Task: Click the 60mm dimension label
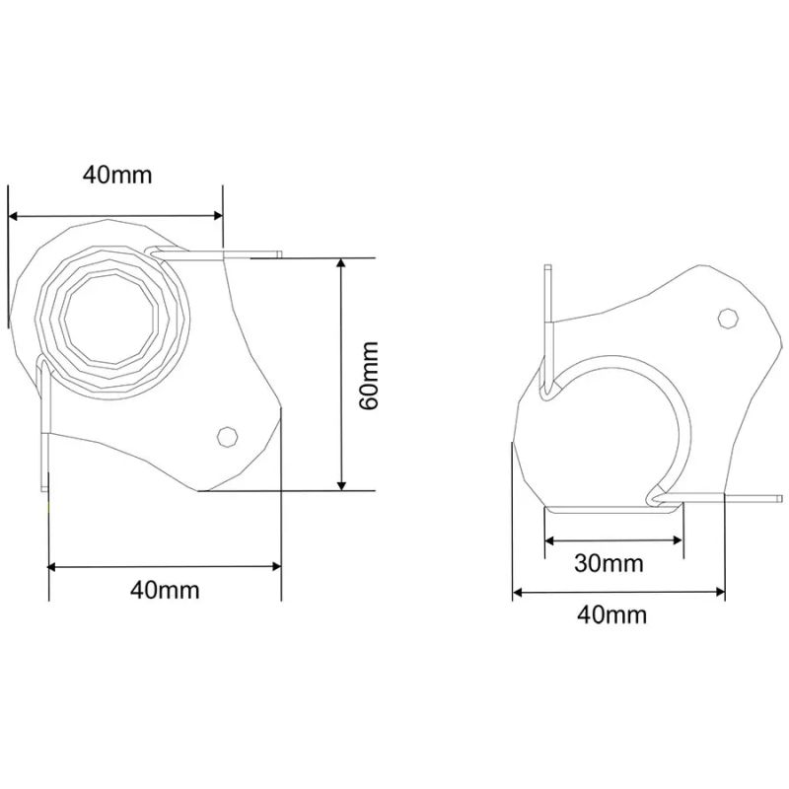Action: click(x=370, y=376)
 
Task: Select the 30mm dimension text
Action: click(x=609, y=563)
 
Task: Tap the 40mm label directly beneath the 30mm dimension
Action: click(x=611, y=614)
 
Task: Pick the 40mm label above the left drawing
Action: click(x=117, y=175)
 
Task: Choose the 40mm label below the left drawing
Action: click(x=165, y=589)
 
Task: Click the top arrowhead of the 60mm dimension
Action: click(x=341, y=263)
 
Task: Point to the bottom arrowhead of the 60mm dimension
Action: click(x=341, y=484)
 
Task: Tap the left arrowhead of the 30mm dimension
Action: click(x=550, y=540)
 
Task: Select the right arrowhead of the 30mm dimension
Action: click(x=678, y=540)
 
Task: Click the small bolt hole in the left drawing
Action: click(x=228, y=436)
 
